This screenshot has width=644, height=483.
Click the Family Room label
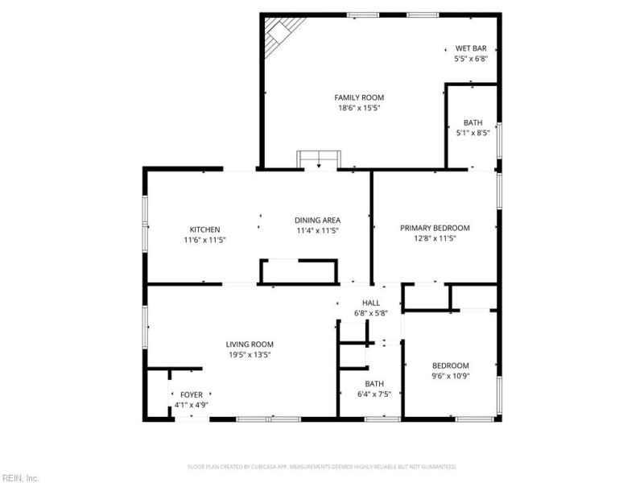(x=359, y=97)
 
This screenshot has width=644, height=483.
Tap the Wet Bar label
(x=471, y=47)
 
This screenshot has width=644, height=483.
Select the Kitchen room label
(x=205, y=229)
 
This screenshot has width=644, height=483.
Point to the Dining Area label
(x=317, y=220)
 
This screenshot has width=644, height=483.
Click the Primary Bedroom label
(x=435, y=228)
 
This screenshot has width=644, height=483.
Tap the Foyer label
(x=192, y=394)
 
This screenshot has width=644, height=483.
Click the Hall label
(x=370, y=303)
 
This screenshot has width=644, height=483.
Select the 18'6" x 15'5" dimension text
(x=359, y=108)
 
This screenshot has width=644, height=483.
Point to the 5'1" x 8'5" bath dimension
(x=473, y=133)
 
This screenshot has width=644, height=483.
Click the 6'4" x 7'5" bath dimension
(x=374, y=394)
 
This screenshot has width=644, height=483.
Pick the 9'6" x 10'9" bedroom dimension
(x=450, y=375)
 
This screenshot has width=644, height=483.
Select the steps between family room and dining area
(x=318, y=159)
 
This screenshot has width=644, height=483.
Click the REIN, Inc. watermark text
(x=19, y=477)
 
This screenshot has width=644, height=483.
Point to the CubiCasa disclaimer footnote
(x=322, y=467)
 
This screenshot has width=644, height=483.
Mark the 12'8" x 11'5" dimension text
(x=435, y=238)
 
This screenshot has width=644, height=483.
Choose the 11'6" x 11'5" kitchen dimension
(x=205, y=240)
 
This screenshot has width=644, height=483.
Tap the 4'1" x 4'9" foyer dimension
(x=192, y=405)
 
